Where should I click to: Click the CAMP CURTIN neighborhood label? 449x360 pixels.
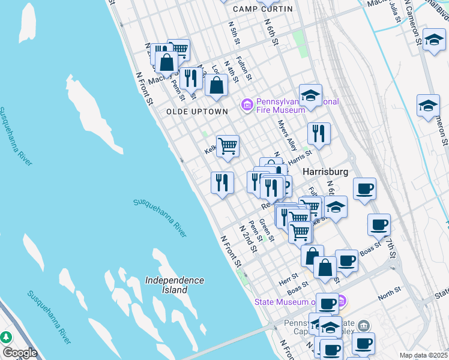click(x=263, y=9)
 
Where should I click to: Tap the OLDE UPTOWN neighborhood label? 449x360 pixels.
click(x=197, y=112)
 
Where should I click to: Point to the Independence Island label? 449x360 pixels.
click(x=175, y=285)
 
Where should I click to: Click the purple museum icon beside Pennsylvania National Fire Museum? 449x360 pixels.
click(x=247, y=106)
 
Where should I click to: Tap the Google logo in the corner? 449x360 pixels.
click(x=19, y=353)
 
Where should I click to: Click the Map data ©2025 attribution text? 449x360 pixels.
click(x=423, y=355)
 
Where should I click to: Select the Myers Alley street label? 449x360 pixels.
click(x=288, y=136)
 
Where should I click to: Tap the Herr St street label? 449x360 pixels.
click(x=289, y=279)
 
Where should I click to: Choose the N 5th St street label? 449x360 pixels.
click(x=234, y=35)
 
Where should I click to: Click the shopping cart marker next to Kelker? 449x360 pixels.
click(x=228, y=146)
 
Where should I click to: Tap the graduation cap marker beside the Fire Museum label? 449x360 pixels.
click(x=310, y=96)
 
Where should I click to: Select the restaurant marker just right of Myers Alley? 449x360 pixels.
click(x=318, y=134)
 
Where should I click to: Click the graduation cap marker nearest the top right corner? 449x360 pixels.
click(x=434, y=40)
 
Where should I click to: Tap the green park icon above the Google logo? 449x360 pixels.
click(x=7, y=337)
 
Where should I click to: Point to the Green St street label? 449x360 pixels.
click(x=267, y=231)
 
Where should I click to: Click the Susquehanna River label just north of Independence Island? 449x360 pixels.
click(x=160, y=214)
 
